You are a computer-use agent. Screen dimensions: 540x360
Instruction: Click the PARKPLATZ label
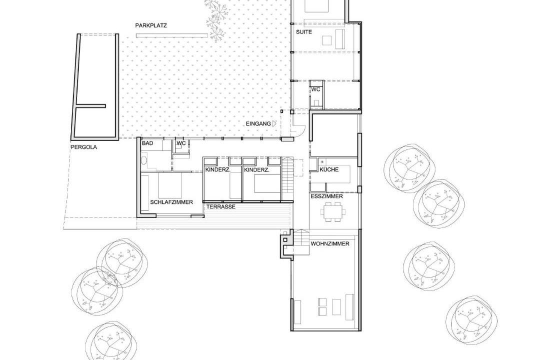(x=151, y=25)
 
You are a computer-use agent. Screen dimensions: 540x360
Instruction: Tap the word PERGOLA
(x=83, y=147)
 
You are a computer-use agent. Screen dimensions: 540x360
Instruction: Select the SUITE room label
(x=304, y=32)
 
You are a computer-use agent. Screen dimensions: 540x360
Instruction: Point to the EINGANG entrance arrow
(x=274, y=123)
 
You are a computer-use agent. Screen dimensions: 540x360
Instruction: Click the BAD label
(x=147, y=143)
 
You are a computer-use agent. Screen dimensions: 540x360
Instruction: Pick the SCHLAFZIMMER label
(x=171, y=202)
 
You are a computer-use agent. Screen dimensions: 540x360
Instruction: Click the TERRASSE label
(x=221, y=206)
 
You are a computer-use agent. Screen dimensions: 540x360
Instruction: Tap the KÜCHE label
(x=329, y=169)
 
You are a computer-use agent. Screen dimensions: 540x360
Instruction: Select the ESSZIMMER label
(x=326, y=196)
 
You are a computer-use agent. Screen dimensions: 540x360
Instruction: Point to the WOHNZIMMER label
(x=330, y=244)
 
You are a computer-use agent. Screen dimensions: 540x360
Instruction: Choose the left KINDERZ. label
(x=217, y=170)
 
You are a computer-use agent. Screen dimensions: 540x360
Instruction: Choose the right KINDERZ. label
(x=256, y=170)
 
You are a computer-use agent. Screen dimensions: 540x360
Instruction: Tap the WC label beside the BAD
(x=181, y=143)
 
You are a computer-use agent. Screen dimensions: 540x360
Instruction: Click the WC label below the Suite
(x=316, y=89)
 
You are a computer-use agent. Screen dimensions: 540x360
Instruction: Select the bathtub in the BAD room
(x=144, y=159)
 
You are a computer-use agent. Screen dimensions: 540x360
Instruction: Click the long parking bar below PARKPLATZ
(x=172, y=35)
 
